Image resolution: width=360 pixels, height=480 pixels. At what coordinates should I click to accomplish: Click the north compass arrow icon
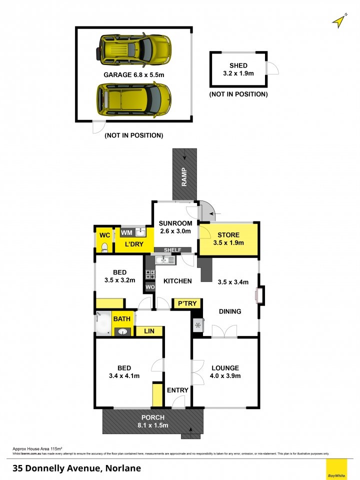pos(339,21)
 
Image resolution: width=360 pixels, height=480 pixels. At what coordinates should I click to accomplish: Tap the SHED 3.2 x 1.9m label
pos(238,69)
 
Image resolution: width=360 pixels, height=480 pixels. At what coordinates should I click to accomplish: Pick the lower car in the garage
pos(134,99)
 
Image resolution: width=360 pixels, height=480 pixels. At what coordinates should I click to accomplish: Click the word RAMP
pos(184,176)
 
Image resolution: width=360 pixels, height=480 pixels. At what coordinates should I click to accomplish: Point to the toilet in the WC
pos(104,246)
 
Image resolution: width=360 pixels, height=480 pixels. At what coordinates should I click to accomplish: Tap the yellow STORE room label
pos(228,239)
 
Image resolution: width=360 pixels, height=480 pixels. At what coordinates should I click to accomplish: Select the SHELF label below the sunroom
pos(173,250)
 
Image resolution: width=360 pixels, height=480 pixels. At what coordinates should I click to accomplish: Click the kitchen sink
pos(164,260)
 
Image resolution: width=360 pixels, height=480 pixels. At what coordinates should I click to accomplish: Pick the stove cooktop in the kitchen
pos(150,274)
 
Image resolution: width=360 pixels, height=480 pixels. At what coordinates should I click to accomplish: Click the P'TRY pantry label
pos(187,303)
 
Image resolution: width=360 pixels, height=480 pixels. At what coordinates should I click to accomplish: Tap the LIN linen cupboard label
pos(149,331)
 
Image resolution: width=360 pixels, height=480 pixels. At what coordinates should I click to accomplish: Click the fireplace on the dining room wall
pos(260,295)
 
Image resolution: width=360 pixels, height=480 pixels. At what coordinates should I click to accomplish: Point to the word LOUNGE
pos(225,368)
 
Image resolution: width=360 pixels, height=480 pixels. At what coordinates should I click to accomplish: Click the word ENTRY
pos(177,390)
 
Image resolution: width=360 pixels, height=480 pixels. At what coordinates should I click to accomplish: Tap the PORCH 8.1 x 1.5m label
pos(153,421)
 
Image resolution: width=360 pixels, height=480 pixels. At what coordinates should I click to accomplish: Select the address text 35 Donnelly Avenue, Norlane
pos(76,468)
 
